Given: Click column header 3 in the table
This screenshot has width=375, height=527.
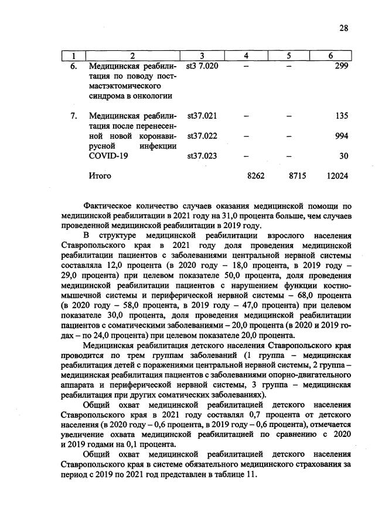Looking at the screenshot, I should [x=201, y=56].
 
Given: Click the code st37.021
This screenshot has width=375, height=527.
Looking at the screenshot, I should [x=202, y=116].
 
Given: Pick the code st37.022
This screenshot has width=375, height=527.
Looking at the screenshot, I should [x=202, y=136].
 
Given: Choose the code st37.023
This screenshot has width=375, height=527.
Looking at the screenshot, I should [x=202, y=156].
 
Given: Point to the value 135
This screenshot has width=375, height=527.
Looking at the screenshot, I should [x=341, y=116].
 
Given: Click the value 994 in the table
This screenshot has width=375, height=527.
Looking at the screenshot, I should [x=341, y=136].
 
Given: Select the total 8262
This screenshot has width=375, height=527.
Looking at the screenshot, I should [x=257, y=175].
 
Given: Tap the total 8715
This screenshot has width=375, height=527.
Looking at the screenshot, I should [x=298, y=175].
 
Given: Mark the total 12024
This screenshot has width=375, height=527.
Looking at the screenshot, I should [x=338, y=175].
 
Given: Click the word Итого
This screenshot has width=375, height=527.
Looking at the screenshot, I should [x=100, y=175].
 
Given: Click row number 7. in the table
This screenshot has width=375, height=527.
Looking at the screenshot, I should [x=74, y=116].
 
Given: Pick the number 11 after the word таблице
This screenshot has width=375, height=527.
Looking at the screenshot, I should [x=250, y=474].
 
